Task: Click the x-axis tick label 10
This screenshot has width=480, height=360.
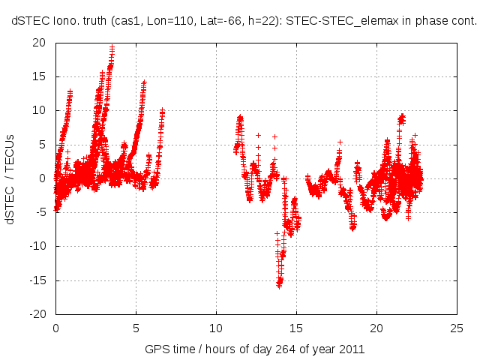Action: tap(216, 328)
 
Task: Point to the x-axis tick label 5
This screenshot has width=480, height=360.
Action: tap(136, 328)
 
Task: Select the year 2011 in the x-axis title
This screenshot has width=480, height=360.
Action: tap(352, 349)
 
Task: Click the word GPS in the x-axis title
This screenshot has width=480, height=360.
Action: tap(156, 349)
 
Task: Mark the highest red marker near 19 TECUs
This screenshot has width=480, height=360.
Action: tap(112, 48)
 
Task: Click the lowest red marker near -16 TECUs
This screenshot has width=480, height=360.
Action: tap(279, 286)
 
